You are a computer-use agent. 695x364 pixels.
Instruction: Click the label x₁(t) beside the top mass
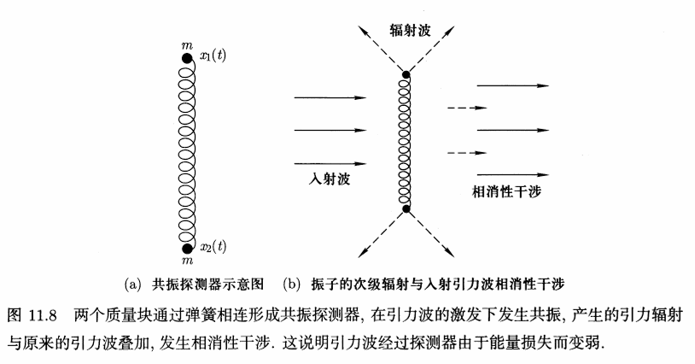(x=213, y=56)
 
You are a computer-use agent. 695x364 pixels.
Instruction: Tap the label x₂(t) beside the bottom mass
(x=213, y=246)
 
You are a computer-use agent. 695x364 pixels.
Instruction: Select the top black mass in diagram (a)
(x=187, y=58)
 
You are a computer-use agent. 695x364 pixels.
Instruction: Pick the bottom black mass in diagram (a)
(x=188, y=249)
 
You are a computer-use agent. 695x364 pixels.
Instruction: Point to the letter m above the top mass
(x=187, y=45)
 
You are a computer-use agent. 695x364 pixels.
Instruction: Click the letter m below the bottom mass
(x=188, y=261)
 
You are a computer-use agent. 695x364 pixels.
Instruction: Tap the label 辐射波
(x=411, y=30)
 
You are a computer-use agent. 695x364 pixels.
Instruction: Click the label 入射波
(x=330, y=179)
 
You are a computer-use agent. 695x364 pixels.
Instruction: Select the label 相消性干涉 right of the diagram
(x=506, y=191)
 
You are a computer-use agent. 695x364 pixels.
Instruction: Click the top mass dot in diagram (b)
(x=406, y=74)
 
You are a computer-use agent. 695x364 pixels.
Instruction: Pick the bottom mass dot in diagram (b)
(x=406, y=208)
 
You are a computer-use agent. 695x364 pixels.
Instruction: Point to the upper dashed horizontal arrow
(x=467, y=108)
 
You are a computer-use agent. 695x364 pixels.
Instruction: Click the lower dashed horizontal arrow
(x=467, y=153)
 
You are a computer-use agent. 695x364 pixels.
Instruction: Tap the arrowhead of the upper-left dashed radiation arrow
(x=362, y=30)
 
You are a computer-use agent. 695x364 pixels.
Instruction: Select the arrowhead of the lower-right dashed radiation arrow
(x=450, y=253)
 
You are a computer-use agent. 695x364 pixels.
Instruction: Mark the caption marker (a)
(x=132, y=284)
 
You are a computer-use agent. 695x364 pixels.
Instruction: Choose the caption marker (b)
(x=291, y=284)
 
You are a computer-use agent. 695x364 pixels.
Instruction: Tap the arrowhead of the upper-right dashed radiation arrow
(x=450, y=31)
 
